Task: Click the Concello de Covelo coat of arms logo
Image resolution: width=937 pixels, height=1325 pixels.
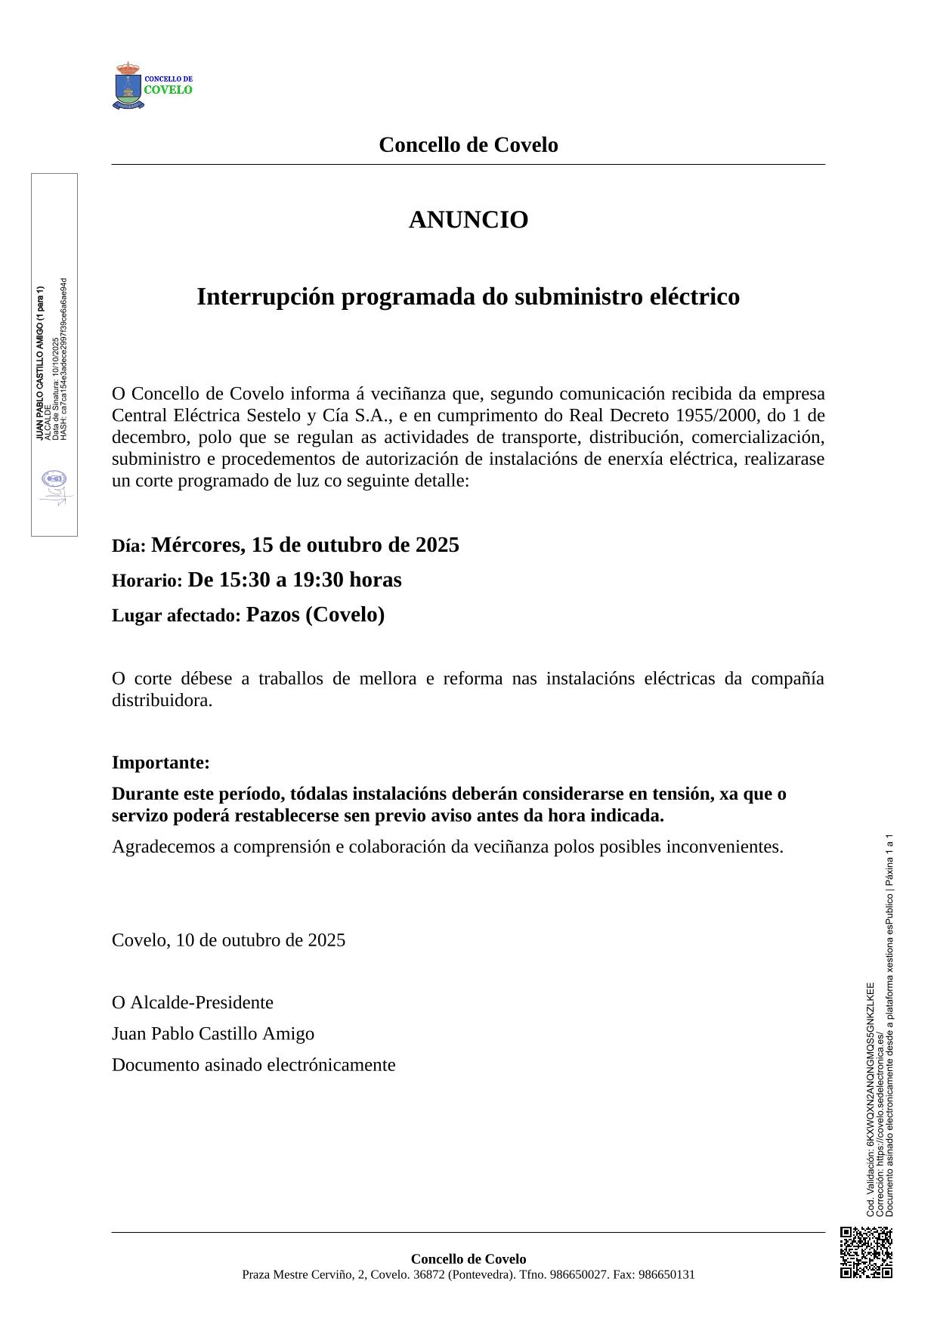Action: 128,86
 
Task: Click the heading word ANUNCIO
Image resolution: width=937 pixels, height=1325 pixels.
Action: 468,220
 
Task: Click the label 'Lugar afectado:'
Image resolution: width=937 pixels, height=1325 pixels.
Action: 176,616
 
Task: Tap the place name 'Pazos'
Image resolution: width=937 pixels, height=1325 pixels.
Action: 273,615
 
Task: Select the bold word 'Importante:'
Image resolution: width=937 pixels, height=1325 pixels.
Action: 161,763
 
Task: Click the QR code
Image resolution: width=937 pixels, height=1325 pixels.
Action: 866,1252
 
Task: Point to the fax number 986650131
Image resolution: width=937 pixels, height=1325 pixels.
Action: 666,1275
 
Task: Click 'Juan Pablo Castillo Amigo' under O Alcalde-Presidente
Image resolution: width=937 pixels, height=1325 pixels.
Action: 213,1034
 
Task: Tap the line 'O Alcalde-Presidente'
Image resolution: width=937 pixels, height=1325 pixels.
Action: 193,1003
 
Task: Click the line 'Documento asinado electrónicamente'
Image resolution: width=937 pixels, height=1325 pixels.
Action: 254,1065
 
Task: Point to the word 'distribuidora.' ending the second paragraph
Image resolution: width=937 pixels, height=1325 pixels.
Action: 162,701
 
